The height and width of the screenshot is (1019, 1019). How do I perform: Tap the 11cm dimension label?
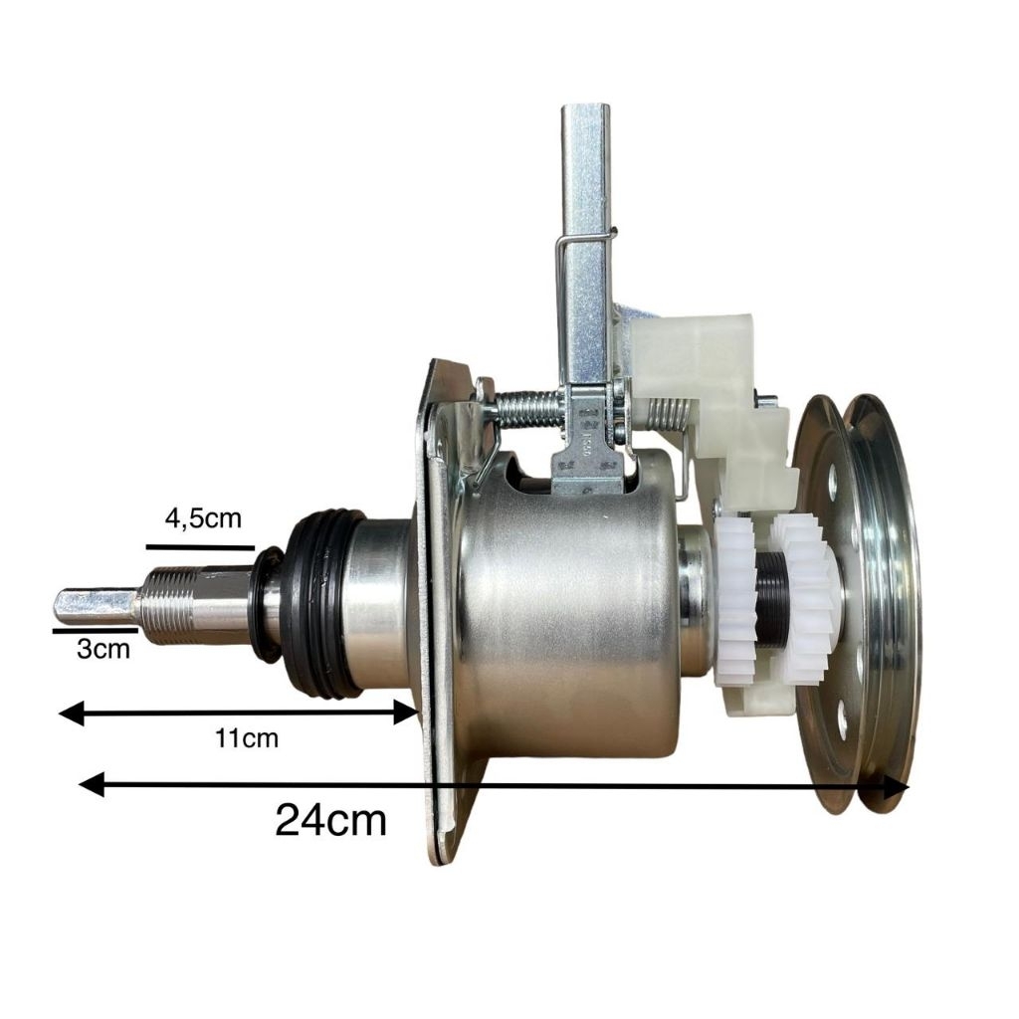click(247, 738)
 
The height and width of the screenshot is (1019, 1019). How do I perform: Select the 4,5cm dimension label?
click(203, 519)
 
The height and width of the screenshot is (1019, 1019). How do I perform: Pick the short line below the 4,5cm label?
click(200, 547)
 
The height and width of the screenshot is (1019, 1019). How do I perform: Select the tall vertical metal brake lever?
click(581, 249)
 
